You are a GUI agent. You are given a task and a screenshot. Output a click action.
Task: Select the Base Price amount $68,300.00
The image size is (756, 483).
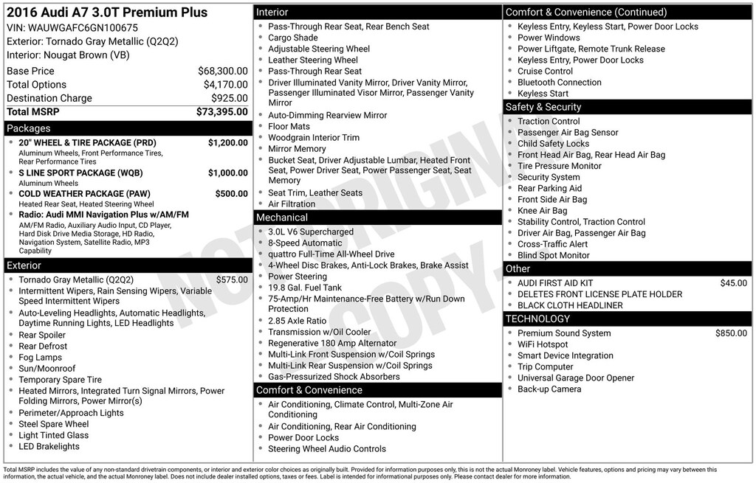coord(222,71)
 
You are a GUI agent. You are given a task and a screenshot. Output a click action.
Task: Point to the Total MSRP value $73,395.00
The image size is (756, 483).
coord(221,111)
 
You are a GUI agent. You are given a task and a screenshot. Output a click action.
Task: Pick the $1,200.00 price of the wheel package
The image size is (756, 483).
coord(227,143)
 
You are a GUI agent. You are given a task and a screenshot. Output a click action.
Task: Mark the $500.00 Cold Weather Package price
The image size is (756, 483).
coord(231,194)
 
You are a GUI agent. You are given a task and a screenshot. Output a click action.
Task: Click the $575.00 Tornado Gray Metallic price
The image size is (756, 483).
coord(232,280)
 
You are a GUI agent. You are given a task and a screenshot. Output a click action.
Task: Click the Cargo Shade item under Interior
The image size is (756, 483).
coord(292,38)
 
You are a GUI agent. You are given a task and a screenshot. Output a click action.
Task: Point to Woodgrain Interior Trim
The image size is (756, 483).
coord(313,138)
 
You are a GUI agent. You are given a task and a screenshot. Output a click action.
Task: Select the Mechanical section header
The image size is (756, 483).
coord(281,218)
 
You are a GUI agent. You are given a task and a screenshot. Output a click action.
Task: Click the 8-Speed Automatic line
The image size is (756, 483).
coord(305,243)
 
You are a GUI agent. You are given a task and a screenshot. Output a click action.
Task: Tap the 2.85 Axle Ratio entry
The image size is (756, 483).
coord(297,321)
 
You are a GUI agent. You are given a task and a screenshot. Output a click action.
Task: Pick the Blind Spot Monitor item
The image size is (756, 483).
coord(553,255)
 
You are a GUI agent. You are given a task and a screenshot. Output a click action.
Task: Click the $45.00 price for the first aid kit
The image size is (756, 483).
coord(733,283)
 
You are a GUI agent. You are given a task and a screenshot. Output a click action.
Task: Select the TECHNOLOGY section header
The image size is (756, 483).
coord(537,319)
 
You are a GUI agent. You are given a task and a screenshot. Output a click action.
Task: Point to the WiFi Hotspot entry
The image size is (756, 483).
coord(543,344)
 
